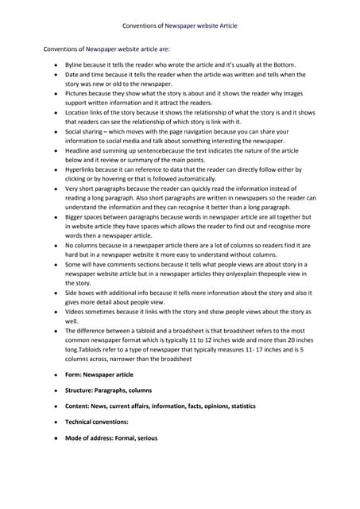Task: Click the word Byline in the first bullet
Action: (x=74, y=64)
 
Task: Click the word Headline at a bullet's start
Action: (x=79, y=150)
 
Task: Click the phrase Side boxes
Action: (x=83, y=293)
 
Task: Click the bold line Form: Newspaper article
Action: (x=99, y=375)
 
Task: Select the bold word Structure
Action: (x=82, y=390)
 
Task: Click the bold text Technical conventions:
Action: (x=96, y=422)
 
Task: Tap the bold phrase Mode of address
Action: (x=93, y=438)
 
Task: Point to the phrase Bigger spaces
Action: (x=87, y=216)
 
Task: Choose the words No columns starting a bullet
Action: (x=83, y=246)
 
